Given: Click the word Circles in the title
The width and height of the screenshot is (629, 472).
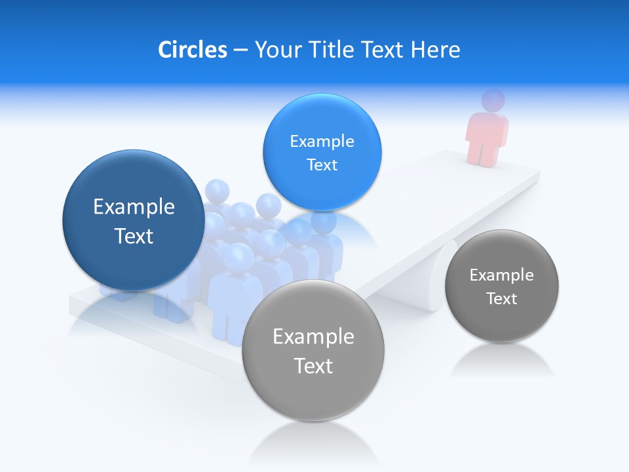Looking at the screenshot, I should coord(192,50).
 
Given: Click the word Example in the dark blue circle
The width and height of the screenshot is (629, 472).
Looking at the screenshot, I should coord(134,207).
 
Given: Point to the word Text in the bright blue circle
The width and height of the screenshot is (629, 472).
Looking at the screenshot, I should coord(322,165).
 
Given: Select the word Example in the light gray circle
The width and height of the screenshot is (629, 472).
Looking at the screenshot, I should coord(313,337).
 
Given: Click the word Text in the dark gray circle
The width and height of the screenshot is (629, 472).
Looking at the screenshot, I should coord(502,299).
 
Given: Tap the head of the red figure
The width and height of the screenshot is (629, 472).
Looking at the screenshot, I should coord(493,101).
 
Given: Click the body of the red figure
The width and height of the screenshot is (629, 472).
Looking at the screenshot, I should coord(486,138).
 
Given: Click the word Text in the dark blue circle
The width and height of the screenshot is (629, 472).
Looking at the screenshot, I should coord(134,236).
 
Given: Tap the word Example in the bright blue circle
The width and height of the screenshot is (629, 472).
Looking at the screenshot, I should coord(322,142).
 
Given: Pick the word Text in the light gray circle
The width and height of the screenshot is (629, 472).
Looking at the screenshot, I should coord(313,366).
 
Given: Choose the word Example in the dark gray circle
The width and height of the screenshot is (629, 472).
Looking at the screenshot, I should coord(502,275).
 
